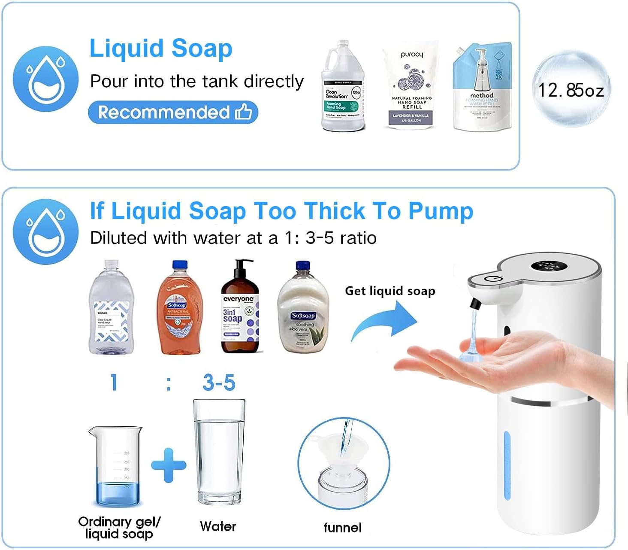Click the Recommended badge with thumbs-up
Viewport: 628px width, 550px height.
point(173,112)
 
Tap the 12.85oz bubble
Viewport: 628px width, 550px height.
point(571,89)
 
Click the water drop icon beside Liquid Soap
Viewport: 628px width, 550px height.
point(45,79)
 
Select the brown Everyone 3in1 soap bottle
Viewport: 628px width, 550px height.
point(240,309)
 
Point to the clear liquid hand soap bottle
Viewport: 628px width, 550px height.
point(111,309)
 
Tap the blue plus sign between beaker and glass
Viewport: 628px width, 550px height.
point(169,465)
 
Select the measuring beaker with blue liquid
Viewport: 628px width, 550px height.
point(115,466)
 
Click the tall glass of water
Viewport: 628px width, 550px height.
point(219,453)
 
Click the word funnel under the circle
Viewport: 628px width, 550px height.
point(342,528)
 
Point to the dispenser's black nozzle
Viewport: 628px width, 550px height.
point(474,304)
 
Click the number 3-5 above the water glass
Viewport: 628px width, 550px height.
point(219,383)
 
